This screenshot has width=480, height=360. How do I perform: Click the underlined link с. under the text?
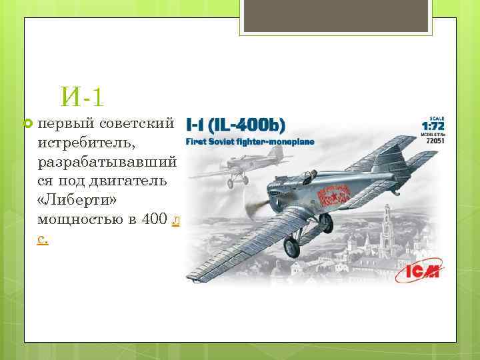coord(43,238)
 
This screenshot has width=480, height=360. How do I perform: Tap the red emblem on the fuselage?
coord(334,197)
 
